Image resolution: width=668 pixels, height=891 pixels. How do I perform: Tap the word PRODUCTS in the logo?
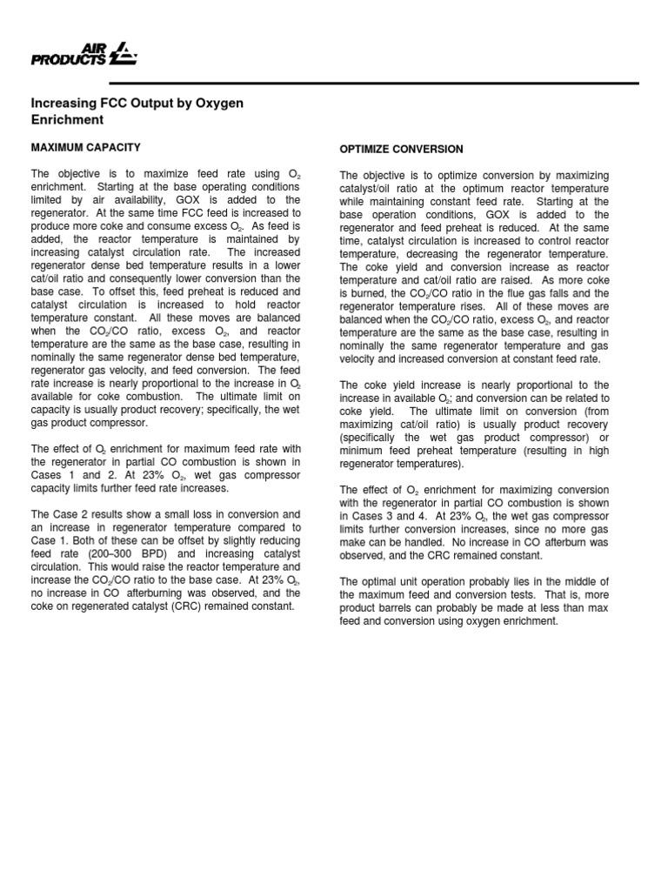tap(70, 60)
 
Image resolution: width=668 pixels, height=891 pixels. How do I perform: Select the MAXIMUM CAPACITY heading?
tap(85, 147)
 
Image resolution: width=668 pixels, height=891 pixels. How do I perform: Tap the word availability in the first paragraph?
tap(125, 199)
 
